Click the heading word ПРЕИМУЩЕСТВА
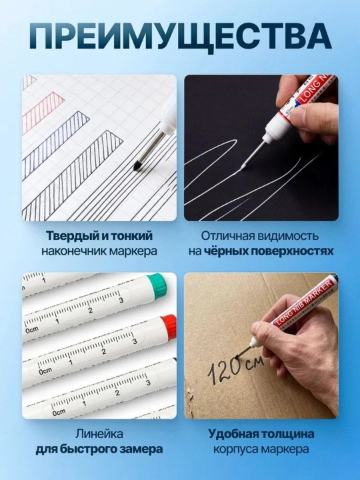pyautogui.click(x=180, y=39)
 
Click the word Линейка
pyautogui.click(x=99, y=434)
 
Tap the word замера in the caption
pyautogui.click(x=141, y=449)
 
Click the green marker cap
pyautogui.click(x=157, y=284)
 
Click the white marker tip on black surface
pyautogui.click(x=243, y=167)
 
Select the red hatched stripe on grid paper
pyautogui.click(x=43, y=109)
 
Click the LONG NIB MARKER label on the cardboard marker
pyautogui.click(x=304, y=303)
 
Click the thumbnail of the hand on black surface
pyautogui.click(x=261, y=147)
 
